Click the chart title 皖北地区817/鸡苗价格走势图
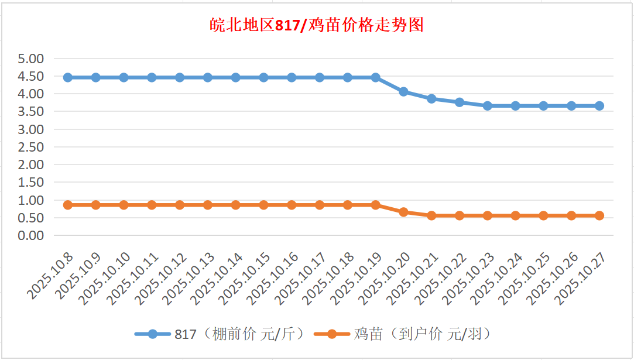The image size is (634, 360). [x=317, y=26]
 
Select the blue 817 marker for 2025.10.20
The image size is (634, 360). [x=403, y=91]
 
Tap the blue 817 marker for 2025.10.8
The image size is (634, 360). [x=68, y=77]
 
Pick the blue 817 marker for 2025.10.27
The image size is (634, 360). [x=599, y=106]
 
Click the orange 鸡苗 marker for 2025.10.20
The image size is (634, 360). [x=403, y=212]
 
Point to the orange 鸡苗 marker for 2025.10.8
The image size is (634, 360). [x=68, y=205]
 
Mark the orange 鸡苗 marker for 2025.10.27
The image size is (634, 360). [x=599, y=215]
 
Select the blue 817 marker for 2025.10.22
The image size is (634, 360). [x=460, y=102]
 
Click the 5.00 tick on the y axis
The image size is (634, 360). [x=31, y=59]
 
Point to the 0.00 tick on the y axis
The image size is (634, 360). [x=31, y=235]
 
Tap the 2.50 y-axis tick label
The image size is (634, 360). [x=31, y=147]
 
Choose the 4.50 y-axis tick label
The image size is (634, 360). [x=31, y=76]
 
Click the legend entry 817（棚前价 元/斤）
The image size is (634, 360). [x=220, y=334]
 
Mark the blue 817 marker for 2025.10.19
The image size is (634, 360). [x=375, y=77]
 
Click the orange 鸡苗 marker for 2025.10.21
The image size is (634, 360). [x=431, y=215]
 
